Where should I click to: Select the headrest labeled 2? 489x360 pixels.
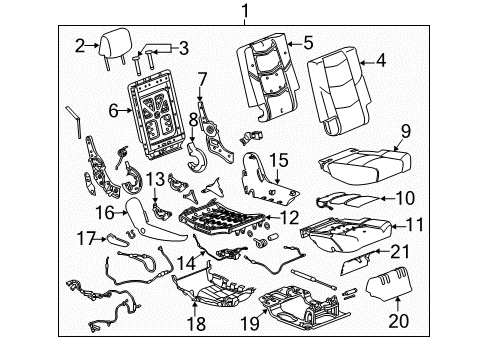pos(111,46)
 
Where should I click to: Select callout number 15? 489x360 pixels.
pos(279,159)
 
